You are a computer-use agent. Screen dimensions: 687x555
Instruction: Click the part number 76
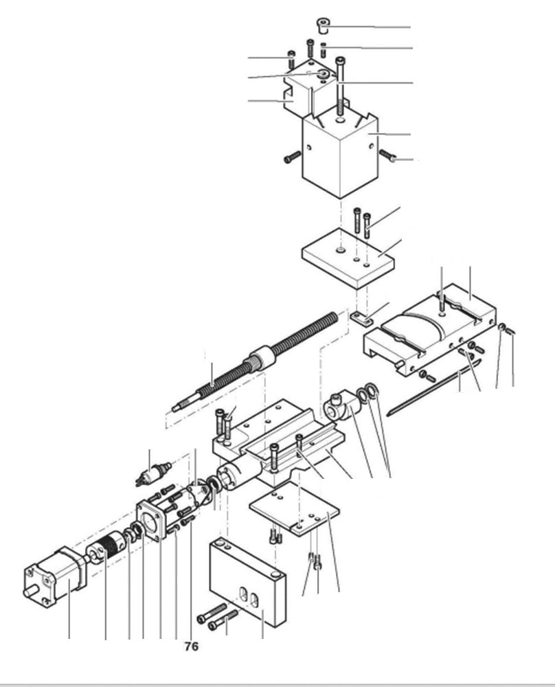pyautogui.click(x=192, y=646)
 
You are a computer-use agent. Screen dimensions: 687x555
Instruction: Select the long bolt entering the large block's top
pyautogui.click(x=340, y=89)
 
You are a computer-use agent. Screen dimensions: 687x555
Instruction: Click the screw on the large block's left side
pyautogui.click(x=292, y=158)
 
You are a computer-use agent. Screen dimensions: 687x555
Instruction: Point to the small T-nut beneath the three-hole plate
pyautogui.click(x=362, y=318)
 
